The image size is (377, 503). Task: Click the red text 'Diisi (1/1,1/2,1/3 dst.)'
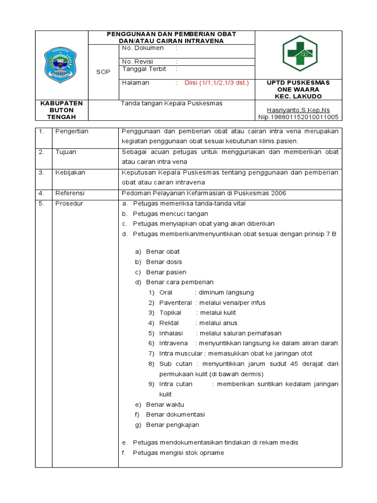pos(216,83)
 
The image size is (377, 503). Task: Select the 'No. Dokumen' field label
pos(143,49)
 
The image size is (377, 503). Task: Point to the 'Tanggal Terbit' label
pos(144,69)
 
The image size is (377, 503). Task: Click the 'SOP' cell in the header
pos(103,71)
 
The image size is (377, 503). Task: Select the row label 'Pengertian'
pos(72,132)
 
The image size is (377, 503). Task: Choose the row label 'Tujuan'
pos(66,152)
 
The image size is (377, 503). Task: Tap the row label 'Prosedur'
pos(69,203)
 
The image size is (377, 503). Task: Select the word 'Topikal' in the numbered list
pos(170,312)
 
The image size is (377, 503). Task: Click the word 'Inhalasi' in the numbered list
pos(171,333)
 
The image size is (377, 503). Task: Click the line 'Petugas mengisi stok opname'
pos(178,452)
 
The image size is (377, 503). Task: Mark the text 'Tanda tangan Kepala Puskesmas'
pos(172,103)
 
